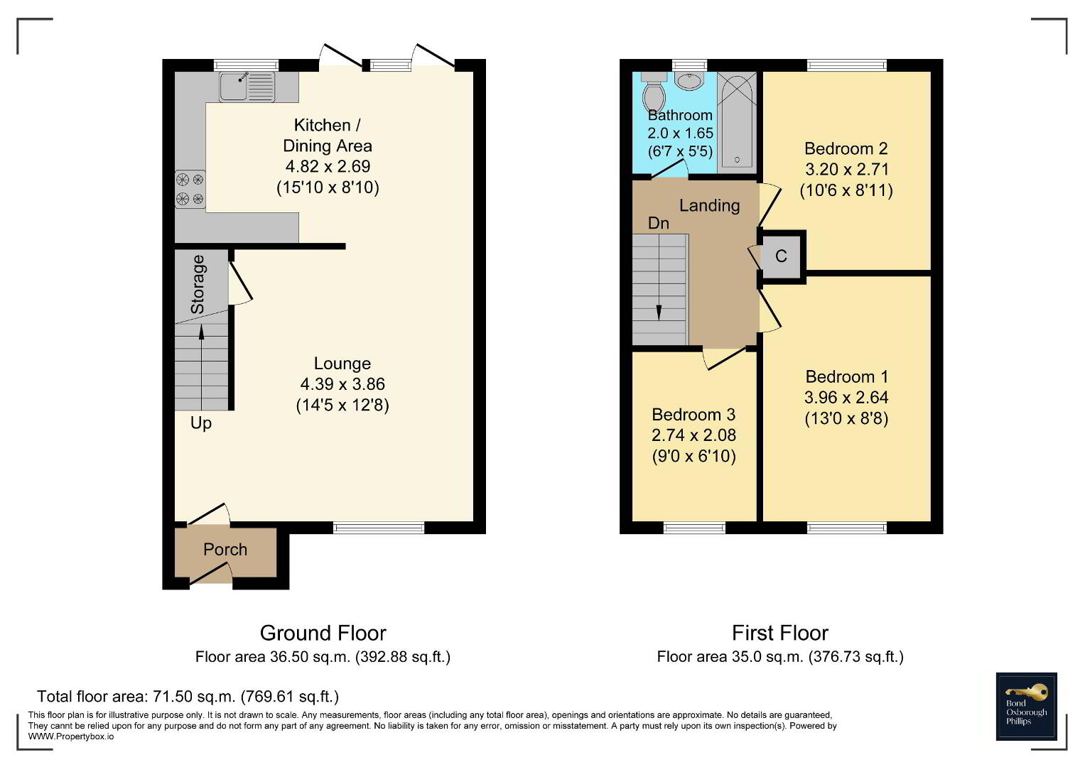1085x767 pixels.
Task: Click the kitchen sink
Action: coord(247,86)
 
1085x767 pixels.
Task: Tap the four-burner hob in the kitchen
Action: coord(190,189)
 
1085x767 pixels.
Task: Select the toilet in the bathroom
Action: coord(654,92)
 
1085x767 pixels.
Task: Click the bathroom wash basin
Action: coord(689,81)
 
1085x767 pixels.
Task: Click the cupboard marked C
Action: coord(782,256)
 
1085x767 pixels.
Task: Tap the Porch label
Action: coord(225,550)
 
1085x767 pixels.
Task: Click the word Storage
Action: coord(198,284)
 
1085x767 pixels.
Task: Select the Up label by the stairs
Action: coord(201,423)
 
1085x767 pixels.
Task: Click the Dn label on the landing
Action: coord(659,223)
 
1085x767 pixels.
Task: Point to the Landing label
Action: coord(710,206)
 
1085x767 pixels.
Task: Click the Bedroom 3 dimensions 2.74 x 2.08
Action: coord(693,435)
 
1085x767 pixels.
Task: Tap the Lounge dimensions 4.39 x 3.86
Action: coord(342,384)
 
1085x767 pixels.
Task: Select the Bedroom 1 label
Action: coord(847,376)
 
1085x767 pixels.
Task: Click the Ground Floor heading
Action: coord(323,633)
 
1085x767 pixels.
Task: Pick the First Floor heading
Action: coord(780,633)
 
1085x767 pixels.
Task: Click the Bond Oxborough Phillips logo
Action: coord(1027,706)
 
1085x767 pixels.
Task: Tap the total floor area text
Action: coord(188,696)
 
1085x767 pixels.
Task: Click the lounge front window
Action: coord(379,528)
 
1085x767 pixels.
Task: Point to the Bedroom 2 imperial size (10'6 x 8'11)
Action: coord(846,190)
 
